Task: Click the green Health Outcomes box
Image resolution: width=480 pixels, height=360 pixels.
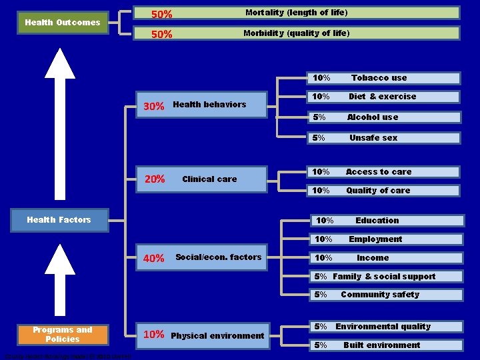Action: click(x=62, y=23)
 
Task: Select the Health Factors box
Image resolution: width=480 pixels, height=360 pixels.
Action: click(x=59, y=220)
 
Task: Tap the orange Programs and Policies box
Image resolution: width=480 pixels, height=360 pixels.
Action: click(x=62, y=335)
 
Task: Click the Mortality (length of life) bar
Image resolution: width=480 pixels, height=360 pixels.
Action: click(x=297, y=13)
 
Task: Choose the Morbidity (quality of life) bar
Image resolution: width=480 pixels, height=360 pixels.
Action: click(x=297, y=33)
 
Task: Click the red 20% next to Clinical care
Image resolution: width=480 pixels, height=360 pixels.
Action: click(x=155, y=179)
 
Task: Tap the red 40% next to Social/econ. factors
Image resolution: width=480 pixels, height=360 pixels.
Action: click(x=154, y=259)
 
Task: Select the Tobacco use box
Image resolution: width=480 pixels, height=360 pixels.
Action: click(x=383, y=78)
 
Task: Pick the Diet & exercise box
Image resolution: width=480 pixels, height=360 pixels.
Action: click(x=383, y=97)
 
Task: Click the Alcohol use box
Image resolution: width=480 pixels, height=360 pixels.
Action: click(x=383, y=117)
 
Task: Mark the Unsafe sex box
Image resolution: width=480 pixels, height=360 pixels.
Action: click(x=383, y=138)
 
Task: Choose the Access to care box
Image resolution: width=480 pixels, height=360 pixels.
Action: click(x=383, y=172)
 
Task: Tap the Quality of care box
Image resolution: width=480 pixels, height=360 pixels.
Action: click(x=383, y=191)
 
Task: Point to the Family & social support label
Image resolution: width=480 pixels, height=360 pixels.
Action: click(x=383, y=277)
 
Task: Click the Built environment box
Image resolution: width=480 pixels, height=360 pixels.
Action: click(x=383, y=345)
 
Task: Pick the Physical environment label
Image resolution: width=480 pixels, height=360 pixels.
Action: click(x=218, y=335)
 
